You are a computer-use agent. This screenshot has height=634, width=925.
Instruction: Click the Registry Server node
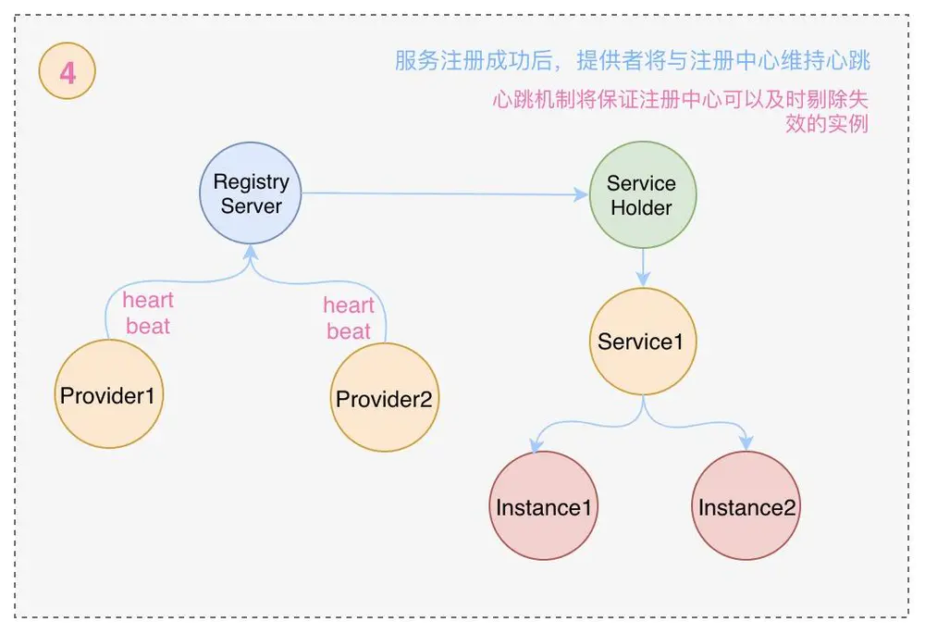(251, 193)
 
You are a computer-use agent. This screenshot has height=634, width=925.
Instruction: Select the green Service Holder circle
(642, 195)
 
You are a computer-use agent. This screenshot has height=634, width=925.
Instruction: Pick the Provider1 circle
(109, 395)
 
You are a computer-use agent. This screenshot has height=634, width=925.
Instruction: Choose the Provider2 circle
(384, 399)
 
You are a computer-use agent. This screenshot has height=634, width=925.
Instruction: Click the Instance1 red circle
(545, 506)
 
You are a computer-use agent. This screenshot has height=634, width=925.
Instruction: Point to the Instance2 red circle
(746, 506)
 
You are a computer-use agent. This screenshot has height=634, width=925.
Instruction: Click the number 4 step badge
(68, 71)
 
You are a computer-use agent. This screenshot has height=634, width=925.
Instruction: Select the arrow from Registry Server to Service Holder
(444, 194)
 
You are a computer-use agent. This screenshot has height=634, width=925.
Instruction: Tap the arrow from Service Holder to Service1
(642, 267)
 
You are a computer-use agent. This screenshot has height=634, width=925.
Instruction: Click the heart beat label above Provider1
(148, 313)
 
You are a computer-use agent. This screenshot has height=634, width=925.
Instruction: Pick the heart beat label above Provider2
(349, 318)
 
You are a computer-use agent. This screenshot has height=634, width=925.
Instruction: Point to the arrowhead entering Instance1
(536, 446)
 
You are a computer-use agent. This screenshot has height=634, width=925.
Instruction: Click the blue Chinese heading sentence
(632, 62)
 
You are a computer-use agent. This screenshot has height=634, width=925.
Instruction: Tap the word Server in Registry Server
(251, 205)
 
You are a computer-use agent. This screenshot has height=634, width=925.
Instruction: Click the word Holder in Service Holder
(642, 207)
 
